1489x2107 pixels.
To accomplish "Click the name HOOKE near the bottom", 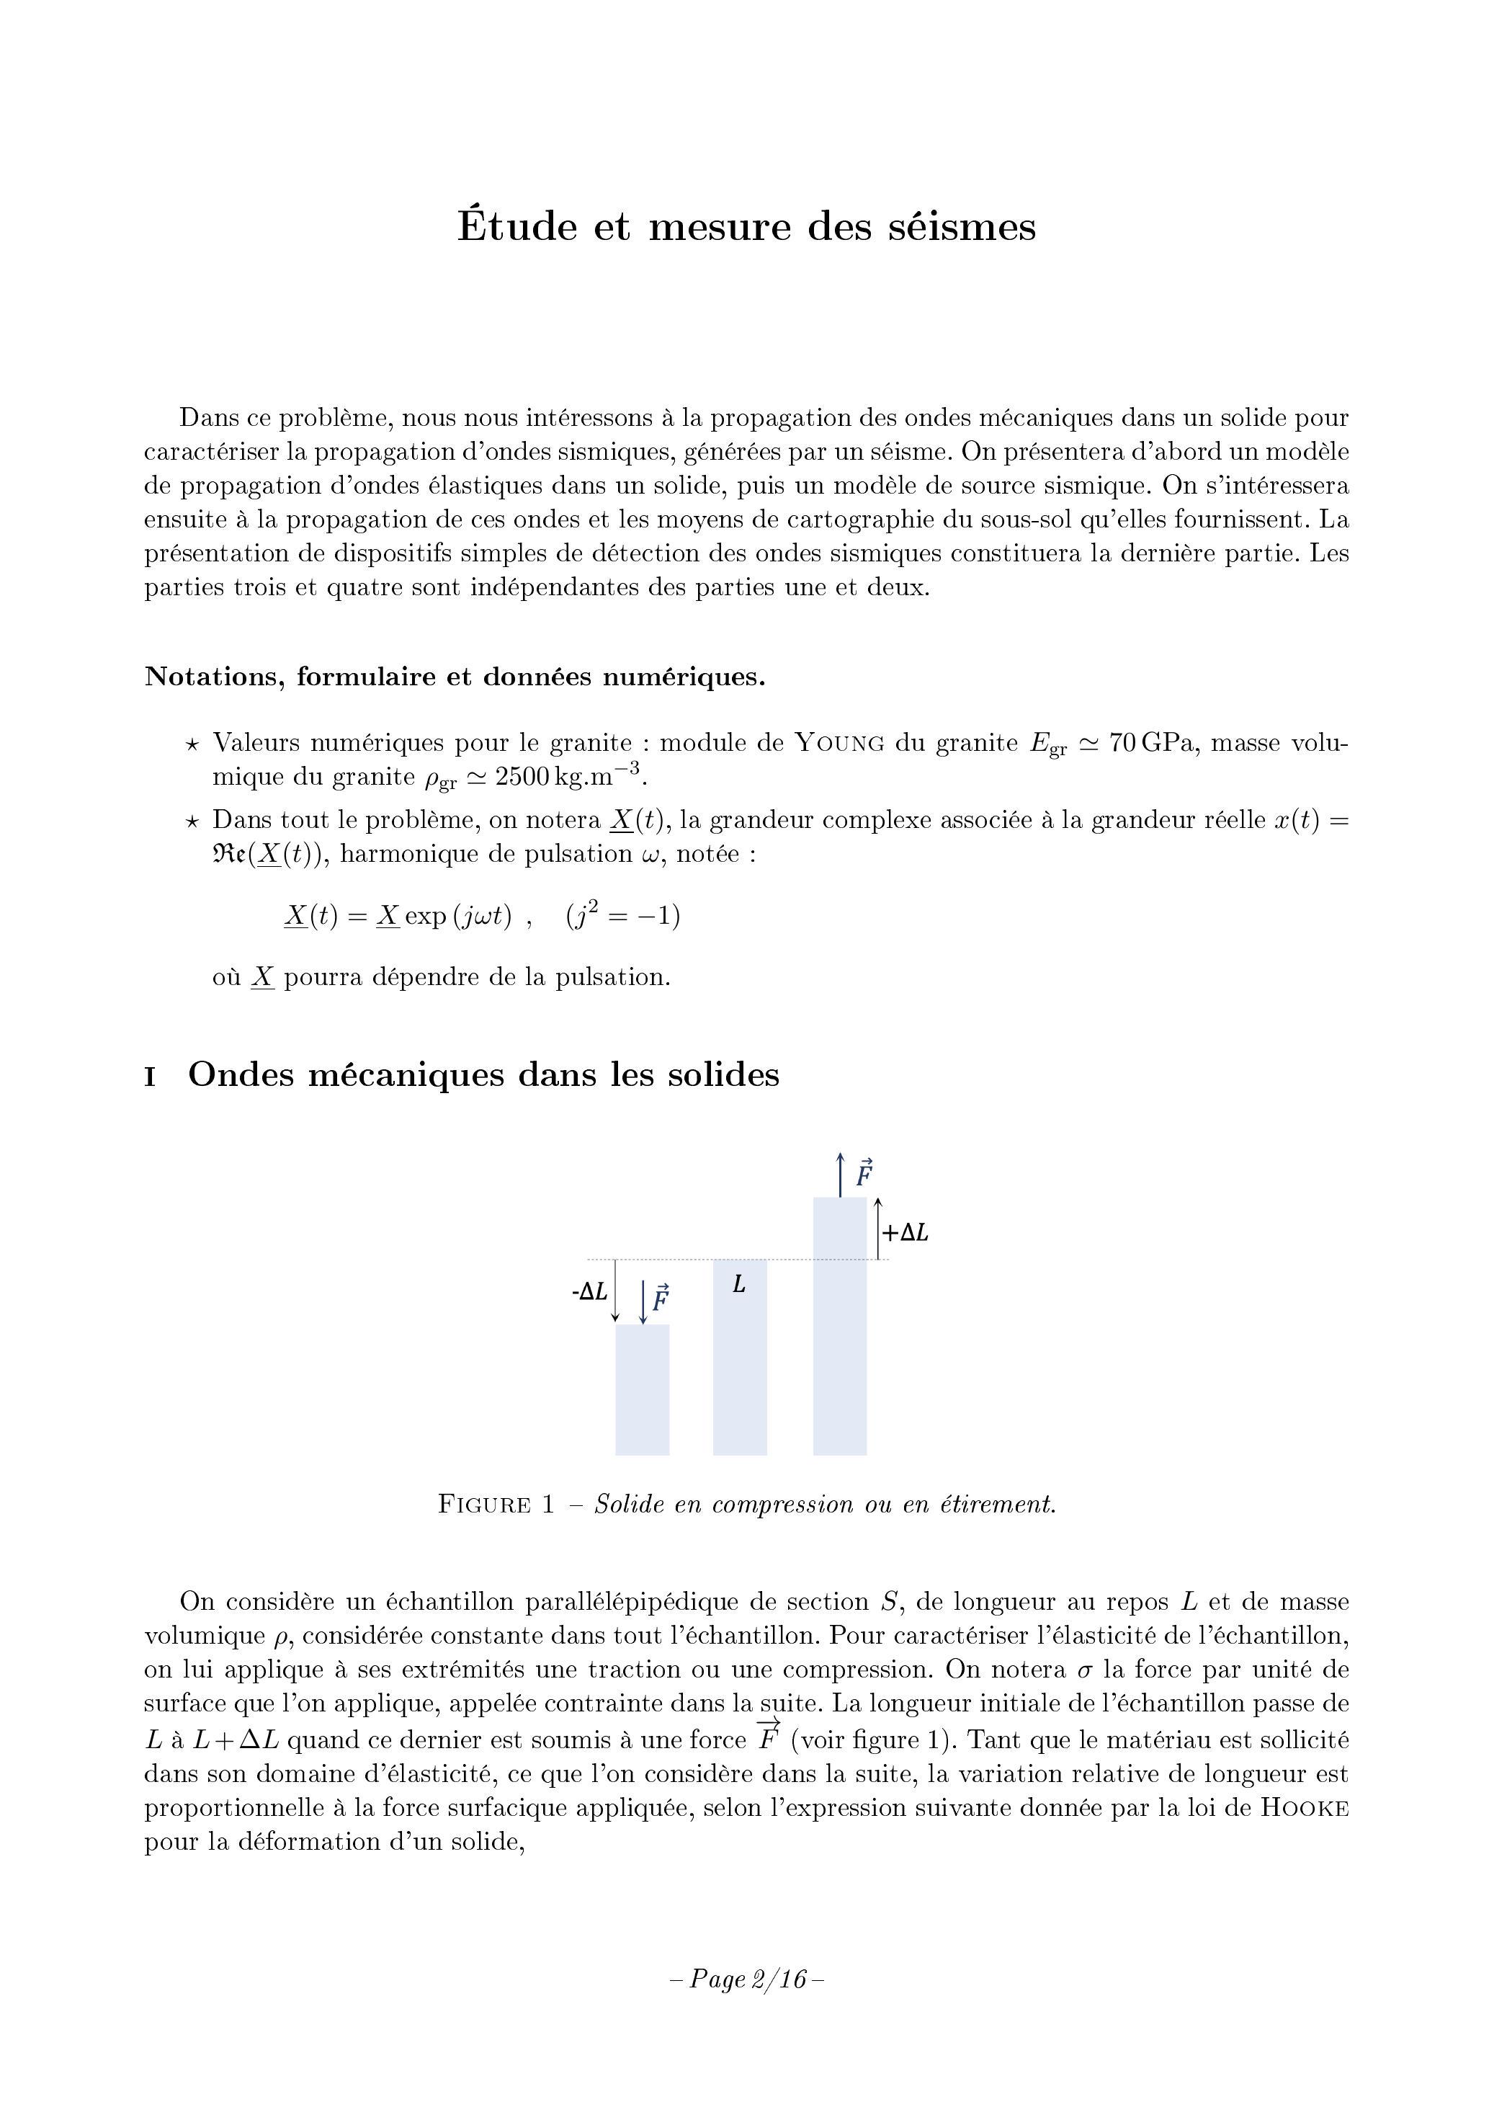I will (x=1304, y=1808).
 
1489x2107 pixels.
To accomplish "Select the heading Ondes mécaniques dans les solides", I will (x=483, y=1074).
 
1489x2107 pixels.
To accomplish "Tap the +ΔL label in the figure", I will (x=906, y=1234).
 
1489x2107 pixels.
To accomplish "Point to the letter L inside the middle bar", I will (x=738, y=1285).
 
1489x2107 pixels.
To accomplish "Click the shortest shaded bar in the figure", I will (x=642, y=1390).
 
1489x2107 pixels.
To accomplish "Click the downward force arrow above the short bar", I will (x=643, y=1301).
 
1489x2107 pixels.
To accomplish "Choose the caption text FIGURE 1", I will (x=496, y=1505).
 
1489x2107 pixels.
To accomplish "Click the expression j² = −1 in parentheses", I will (x=624, y=916).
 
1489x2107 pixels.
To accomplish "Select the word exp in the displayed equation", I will (x=426, y=917).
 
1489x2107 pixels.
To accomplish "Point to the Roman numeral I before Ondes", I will (x=150, y=1077).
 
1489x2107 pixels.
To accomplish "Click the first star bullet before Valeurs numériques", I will (x=192, y=744).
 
